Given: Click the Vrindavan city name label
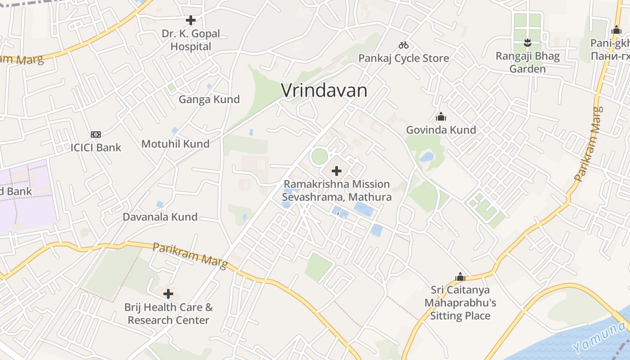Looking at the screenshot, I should click(x=324, y=90).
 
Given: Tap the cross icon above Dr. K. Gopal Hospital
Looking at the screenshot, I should click(x=191, y=20).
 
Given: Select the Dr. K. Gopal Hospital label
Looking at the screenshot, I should click(x=191, y=40).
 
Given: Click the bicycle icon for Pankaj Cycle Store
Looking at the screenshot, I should click(x=404, y=45).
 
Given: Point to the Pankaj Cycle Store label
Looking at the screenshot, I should click(x=404, y=58).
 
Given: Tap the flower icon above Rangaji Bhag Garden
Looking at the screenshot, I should click(x=527, y=43).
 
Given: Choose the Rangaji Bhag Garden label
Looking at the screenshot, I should click(x=527, y=63).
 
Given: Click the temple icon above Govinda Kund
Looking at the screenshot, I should click(x=441, y=117).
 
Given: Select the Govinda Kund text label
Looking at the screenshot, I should click(x=441, y=130).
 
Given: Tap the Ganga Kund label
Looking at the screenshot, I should click(x=209, y=99).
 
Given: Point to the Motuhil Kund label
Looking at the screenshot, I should click(x=175, y=144).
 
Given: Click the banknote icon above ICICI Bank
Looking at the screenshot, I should click(x=96, y=134).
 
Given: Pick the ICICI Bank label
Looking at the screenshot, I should click(x=96, y=147).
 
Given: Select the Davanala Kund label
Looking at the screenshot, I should click(x=160, y=217).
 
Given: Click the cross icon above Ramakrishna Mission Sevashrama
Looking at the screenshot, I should click(x=337, y=171).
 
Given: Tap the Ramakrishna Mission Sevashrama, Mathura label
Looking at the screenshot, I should click(x=337, y=190).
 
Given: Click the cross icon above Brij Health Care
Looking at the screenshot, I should click(x=168, y=294).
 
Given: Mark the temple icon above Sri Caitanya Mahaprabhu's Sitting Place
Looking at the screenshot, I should click(x=460, y=276).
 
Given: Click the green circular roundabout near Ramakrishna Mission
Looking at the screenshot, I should click(x=319, y=156).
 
